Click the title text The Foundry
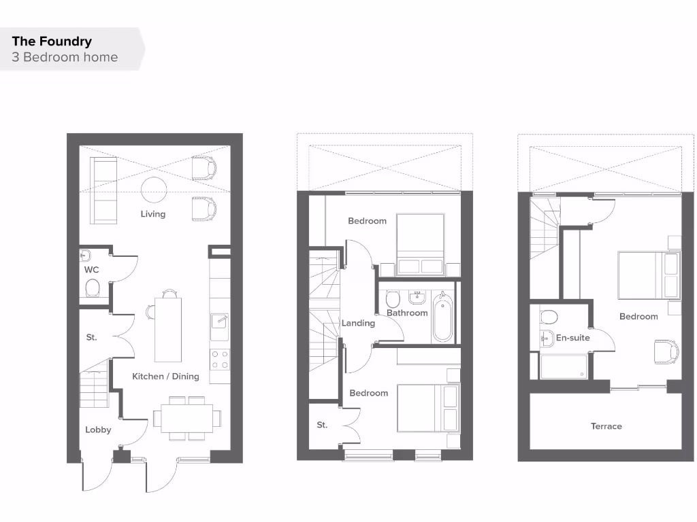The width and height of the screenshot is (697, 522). tap(51, 41)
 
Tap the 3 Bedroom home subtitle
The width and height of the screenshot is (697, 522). tap(65, 57)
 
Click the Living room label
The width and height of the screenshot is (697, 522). tap(153, 214)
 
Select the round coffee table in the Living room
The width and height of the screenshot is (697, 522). tap(154, 190)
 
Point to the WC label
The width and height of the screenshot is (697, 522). tap(92, 270)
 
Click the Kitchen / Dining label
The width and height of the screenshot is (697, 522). tap(165, 377)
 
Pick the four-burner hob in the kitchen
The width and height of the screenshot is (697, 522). tap(220, 360)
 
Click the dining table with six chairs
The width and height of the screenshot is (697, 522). tap(182, 417)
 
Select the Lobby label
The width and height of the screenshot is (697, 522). tap(98, 430)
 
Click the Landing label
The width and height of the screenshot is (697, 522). tap(358, 324)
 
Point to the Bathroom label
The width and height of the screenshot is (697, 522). tap(407, 313)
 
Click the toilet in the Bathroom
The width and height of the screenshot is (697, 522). tap(392, 299)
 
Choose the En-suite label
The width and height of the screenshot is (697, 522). tap(572, 338)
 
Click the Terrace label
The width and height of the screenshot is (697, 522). tap(606, 426)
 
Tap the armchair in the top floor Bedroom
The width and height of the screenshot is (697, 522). tap(666, 351)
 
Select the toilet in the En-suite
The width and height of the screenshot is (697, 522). tap(548, 316)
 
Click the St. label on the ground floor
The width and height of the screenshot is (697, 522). tap(92, 337)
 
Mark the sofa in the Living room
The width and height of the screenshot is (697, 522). tap(103, 191)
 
